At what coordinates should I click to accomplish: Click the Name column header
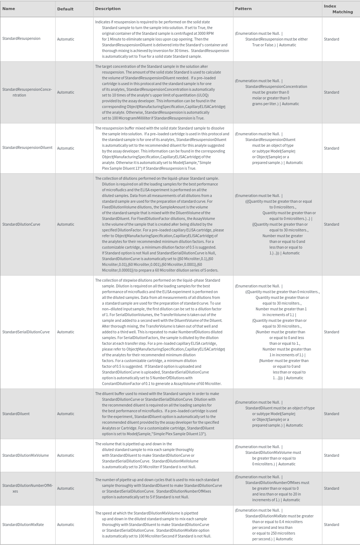9,9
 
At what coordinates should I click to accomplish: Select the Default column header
65,9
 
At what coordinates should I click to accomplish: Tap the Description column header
108,9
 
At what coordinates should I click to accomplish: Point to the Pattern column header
243,9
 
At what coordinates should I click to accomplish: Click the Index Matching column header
338,9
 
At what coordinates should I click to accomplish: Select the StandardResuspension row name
21,39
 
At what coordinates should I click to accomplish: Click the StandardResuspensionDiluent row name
27,148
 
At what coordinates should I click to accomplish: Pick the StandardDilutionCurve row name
21,225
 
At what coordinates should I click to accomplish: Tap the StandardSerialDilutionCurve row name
26,332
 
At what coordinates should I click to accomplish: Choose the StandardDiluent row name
16,414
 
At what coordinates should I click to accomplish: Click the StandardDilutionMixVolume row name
25,456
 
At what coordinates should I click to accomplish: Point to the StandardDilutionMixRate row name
23,525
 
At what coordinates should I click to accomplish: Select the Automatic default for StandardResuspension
66,39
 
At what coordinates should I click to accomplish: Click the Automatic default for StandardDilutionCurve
66,225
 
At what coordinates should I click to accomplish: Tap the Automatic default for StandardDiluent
66,414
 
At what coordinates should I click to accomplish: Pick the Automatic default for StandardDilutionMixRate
66,525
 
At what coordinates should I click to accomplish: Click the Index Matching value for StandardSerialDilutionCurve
331,332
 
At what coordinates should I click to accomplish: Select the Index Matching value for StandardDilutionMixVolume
331,456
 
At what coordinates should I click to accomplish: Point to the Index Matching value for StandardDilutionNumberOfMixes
331,489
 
